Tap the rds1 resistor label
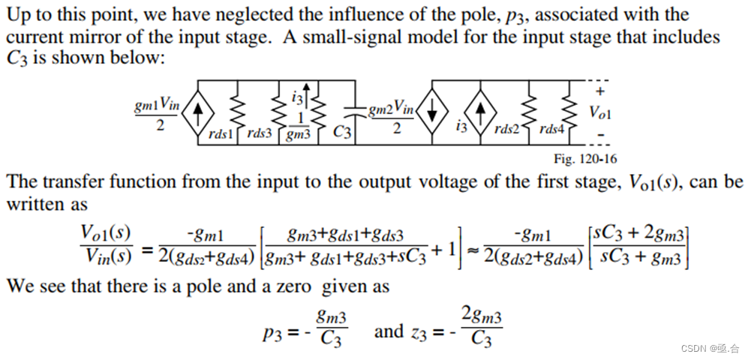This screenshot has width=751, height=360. coord(222,134)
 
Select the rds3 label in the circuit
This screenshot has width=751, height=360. coord(260,133)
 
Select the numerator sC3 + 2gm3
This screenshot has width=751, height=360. coord(639,232)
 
